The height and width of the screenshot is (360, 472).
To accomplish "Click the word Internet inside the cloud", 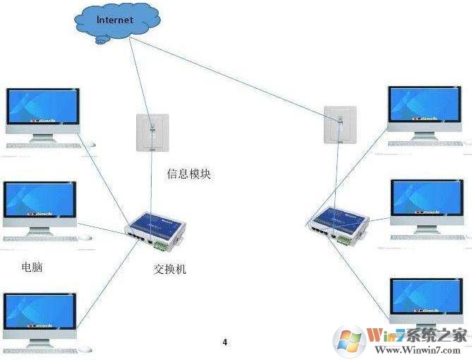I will pyautogui.click(x=114, y=20).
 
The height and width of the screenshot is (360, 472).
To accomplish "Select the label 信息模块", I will pyautogui.click(x=188, y=174).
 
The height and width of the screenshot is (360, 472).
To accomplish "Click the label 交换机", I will pyautogui.click(x=170, y=269).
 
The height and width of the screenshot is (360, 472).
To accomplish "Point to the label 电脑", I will pyautogui.click(x=32, y=268).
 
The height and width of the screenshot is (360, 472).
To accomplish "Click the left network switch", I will pyautogui.click(x=157, y=230).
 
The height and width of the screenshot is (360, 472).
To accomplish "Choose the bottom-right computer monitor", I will pyautogui.click(x=428, y=296).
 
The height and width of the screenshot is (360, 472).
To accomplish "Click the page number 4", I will pyautogui.click(x=225, y=342).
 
